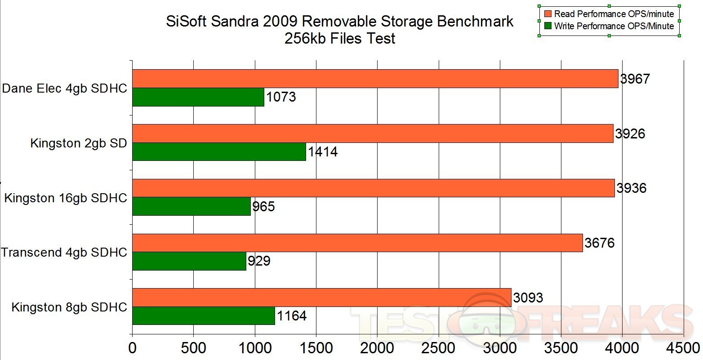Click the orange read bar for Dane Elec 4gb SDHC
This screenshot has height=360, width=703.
tap(375, 79)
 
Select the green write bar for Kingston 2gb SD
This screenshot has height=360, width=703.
tap(219, 152)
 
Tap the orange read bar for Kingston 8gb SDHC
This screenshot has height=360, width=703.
tap(321, 298)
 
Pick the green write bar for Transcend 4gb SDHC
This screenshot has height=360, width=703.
tap(189, 261)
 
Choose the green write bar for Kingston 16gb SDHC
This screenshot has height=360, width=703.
tap(191, 206)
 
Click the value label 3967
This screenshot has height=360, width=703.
tap(635, 79)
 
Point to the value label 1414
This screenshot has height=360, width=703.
tap(322, 152)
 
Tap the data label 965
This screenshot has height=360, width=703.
tap(263, 207)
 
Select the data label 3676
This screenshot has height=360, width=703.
tap(599, 243)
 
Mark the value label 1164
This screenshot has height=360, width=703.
tap(291, 316)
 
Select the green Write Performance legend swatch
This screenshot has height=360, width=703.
tap(547, 26)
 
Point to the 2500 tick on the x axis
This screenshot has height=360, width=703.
tap(438, 348)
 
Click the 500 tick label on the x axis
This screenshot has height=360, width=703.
tap(193, 348)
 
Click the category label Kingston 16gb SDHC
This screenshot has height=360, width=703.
tap(66, 198)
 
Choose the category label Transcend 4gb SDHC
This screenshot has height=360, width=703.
tap(64, 253)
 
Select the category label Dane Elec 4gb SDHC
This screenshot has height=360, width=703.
tap(64, 89)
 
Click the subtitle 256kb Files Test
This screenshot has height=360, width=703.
tap(340, 39)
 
